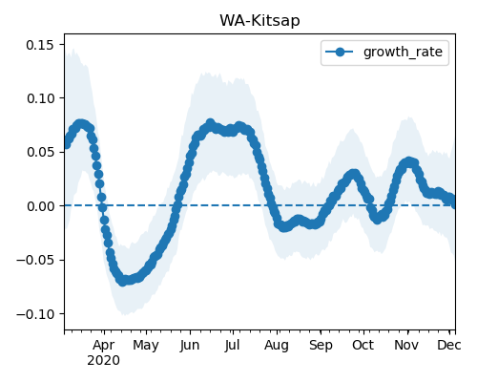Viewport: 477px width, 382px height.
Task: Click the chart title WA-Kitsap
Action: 259,21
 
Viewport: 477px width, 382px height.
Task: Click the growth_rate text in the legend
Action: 403,53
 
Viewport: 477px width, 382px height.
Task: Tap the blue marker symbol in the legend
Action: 340,53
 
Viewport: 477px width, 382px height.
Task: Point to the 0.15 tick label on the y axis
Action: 40,45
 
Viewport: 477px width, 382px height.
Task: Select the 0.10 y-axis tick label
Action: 40,98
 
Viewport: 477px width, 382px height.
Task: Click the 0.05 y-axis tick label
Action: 40,152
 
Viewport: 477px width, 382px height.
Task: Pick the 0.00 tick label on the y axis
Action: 40,206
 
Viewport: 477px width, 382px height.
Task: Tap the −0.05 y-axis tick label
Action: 35,260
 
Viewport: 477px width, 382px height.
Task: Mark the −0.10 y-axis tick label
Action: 35,314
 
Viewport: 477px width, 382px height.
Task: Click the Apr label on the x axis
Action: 104,346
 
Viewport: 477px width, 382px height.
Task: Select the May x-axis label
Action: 146,346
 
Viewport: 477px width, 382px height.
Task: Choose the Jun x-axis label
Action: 190,346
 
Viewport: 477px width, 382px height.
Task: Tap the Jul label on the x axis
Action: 232,346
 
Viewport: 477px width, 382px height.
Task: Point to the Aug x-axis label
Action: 277,346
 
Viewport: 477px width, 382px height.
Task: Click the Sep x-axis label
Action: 321,346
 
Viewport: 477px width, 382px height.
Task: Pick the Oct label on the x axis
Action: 363,346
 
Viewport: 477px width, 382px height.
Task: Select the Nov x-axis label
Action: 406,346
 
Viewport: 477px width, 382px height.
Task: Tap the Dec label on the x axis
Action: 449,346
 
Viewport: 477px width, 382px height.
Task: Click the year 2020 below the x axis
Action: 104,361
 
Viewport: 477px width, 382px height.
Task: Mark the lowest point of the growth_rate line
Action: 123,282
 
